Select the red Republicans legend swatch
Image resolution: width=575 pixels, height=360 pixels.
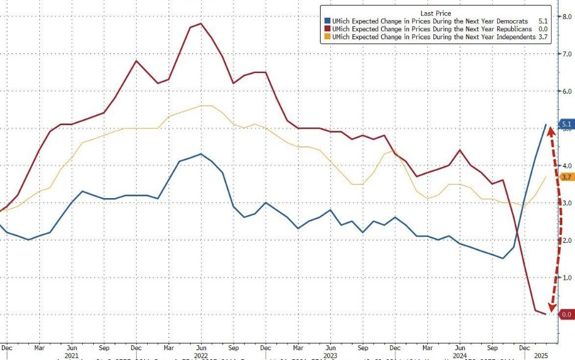click(x=327, y=29)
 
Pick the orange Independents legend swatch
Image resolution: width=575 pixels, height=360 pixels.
click(x=327, y=37)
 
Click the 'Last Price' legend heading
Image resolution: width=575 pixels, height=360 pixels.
click(x=436, y=12)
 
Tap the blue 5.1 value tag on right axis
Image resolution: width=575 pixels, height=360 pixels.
click(x=566, y=123)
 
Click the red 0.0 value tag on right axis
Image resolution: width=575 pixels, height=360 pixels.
click(x=566, y=315)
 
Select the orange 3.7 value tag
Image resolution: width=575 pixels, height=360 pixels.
click(x=566, y=177)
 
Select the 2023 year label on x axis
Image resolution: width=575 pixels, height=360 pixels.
click(x=329, y=354)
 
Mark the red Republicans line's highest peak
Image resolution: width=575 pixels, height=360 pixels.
click(x=201, y=23)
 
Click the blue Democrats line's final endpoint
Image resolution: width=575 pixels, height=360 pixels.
click(x=546, y=124)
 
